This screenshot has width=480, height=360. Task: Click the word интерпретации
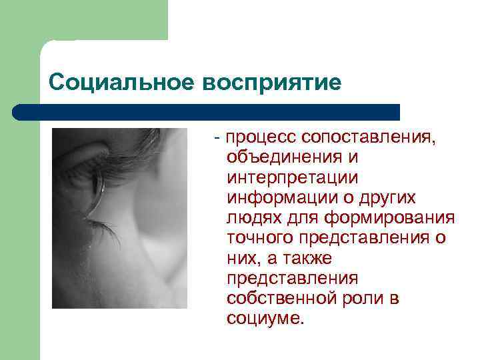coord(292,178)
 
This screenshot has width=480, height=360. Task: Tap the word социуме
coord(265,318)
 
